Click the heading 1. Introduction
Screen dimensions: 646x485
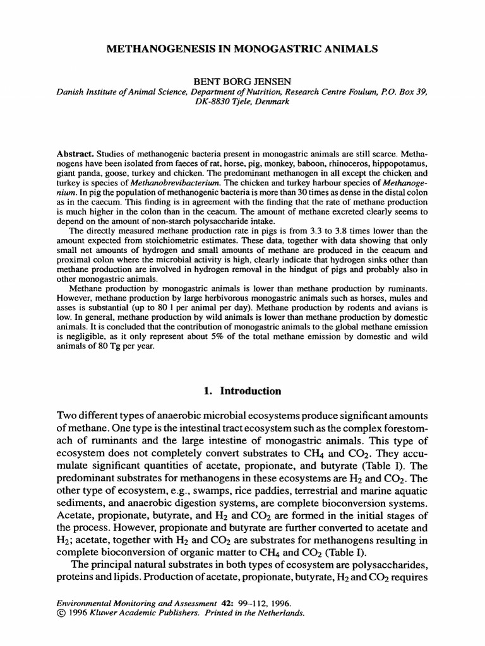[242, 391]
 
